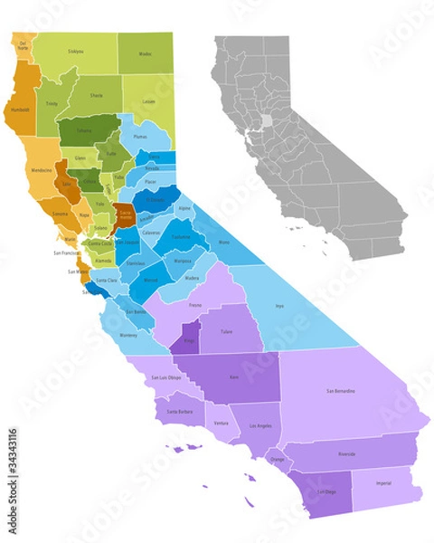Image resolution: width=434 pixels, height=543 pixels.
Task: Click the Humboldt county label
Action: coord(20,110)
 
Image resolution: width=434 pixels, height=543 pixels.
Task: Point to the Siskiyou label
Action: coord(75,51)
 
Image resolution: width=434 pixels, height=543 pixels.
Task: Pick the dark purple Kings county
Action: coord(189,342)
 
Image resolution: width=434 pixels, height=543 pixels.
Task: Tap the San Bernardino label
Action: coord(340,391)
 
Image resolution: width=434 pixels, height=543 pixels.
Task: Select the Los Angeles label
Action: coord(259,425)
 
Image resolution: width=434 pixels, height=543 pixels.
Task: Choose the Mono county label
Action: coord(223,243)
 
